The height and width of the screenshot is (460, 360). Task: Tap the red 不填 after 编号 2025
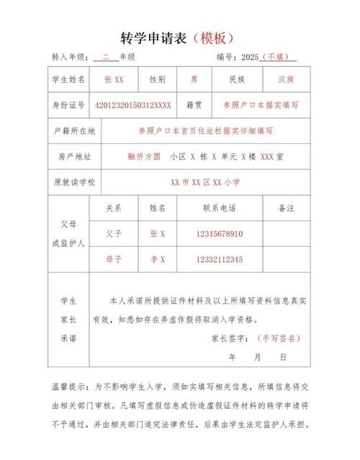[x=276, y=56]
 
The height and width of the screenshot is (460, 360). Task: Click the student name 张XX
[x=114, y=78]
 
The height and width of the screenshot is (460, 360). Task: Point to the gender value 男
[x=193, y=78]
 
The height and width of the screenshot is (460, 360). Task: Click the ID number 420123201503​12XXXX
[x=133, y=105]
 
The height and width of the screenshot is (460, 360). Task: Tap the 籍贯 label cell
[x=194, y=105]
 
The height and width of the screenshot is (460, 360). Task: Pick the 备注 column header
[x=287, y=208]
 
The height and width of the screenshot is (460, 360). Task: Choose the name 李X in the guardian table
[x=158, y=259]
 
